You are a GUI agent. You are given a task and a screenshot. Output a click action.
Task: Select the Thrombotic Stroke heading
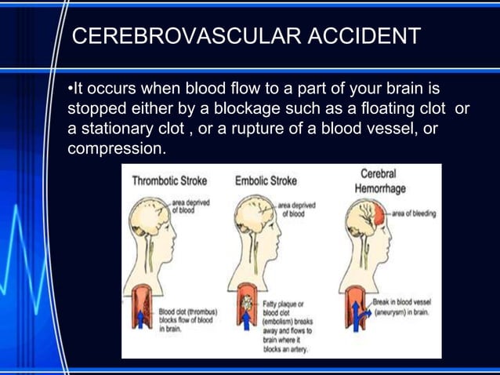pos(169,180)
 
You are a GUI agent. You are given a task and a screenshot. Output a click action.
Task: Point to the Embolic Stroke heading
pos(266,180)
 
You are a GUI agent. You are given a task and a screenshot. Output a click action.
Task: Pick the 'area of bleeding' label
pos(413,213)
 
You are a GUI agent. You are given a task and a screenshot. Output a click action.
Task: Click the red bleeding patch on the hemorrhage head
pos(380,213)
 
